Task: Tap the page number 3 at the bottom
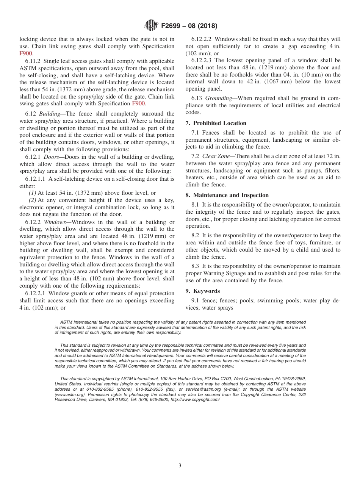tap(180, 466)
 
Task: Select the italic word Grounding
tap(218, 98)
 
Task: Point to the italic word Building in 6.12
tap(50, 114)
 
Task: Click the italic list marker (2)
tap(33, 200)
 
